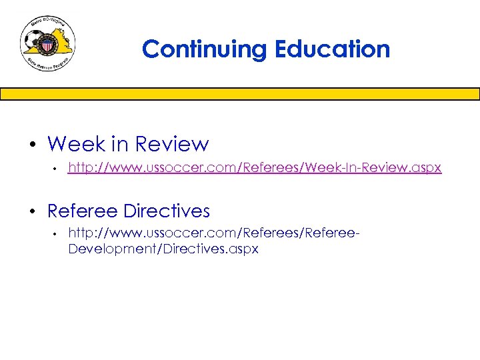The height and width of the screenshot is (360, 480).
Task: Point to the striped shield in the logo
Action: tap(49, 47)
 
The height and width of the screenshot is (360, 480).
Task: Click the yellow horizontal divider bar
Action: tap(240, 94)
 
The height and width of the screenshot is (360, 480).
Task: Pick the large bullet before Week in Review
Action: tap(31, 145)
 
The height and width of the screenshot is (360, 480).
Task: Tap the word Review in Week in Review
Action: tap(172, 144)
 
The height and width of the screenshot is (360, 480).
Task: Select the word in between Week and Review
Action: tap(120, 144)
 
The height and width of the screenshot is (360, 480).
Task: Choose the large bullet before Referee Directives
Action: tap(31, 212)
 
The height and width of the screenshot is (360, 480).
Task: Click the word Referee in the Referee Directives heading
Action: tap(85, 211)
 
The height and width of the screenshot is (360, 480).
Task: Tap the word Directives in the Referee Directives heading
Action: tap(169, 211)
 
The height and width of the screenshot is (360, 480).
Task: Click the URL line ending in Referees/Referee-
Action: tap(214, 233)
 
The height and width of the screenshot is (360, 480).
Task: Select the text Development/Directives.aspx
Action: tap(163, 249)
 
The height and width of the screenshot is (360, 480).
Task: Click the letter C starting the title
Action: tap(151, 49)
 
